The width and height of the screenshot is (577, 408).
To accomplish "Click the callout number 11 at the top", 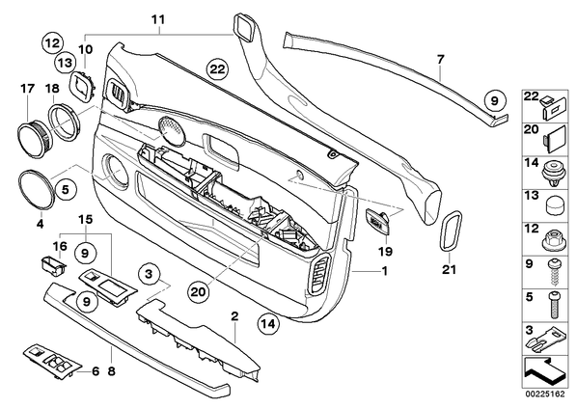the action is coord(158,20).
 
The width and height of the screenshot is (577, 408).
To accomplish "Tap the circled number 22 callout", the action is coord(217,68).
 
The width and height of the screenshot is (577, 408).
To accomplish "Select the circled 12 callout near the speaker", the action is coord(52,43).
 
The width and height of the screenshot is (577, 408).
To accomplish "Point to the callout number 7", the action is coord(441,59).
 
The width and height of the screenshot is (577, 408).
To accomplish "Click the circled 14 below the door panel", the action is coord(268,324).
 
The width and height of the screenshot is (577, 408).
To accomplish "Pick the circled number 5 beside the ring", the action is coord(66,190).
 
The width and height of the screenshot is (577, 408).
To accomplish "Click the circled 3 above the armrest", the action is coord(149,274).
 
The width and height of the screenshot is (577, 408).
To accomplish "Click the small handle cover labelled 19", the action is coord(377,220).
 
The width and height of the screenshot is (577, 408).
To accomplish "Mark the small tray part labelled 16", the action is coord(53,265).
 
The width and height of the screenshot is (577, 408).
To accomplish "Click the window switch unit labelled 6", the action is coord(52,362).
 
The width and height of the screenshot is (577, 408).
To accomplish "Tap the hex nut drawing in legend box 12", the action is coord(554,242).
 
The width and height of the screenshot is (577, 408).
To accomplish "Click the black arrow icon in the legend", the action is coord(544,372).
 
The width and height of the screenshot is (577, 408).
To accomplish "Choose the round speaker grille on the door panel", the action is coord(171,130).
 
